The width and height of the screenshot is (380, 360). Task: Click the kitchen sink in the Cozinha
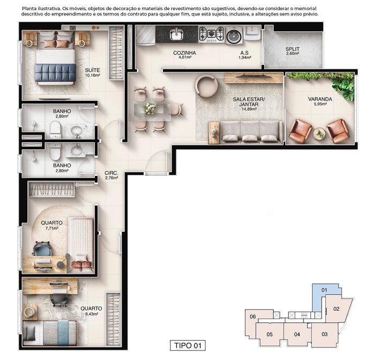178,34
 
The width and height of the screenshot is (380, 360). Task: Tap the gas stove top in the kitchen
211,34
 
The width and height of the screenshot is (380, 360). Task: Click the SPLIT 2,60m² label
293,51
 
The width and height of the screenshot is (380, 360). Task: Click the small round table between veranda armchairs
319,134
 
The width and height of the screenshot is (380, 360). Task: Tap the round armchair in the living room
206,86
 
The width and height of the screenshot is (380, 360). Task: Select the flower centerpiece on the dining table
150,109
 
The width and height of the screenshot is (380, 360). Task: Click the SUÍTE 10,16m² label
92,72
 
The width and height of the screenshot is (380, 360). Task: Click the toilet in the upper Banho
55,129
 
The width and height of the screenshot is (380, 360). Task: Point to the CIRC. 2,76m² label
111,175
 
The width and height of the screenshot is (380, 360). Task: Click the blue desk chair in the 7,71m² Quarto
42,248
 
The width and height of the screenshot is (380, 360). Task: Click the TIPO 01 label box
188,346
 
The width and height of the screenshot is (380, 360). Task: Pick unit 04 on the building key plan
297,334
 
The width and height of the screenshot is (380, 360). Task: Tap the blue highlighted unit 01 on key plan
324,290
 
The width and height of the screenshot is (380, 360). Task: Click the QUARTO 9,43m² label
91,311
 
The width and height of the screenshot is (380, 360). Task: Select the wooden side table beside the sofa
213,133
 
